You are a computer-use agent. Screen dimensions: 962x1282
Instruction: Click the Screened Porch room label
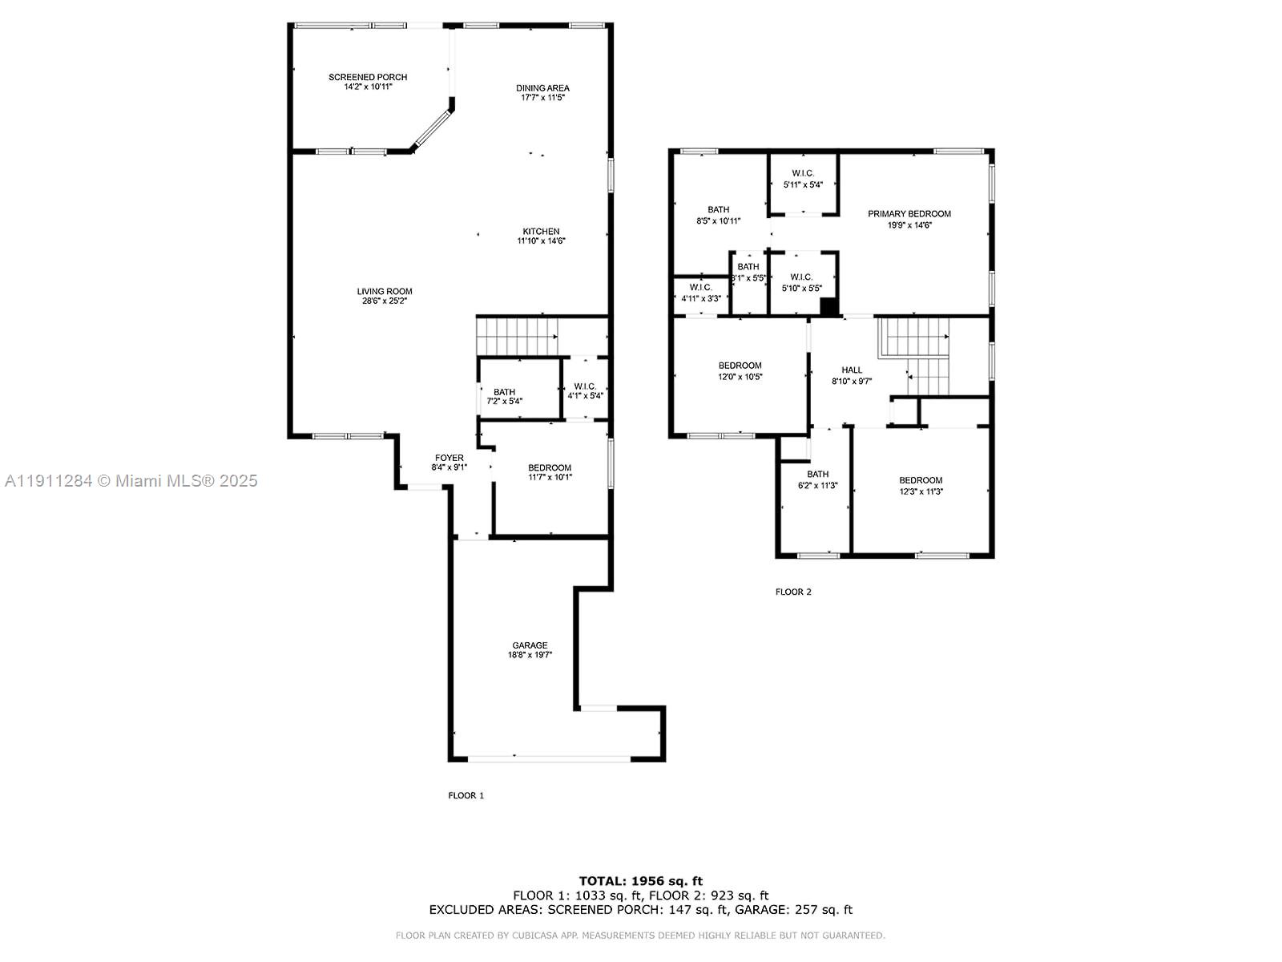(368, 77)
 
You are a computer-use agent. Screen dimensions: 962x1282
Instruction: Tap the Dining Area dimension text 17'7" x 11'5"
(543, 98)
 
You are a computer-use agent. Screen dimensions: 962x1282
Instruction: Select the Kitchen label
(542, 232)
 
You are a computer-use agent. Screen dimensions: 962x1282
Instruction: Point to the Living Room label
(385, 292)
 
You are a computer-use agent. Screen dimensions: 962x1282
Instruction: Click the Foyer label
(450, 458)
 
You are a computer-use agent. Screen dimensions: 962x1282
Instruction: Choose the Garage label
(530, 645)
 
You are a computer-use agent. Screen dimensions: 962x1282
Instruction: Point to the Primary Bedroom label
(909, 214)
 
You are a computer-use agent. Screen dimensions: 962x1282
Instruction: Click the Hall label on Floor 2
(852, 370)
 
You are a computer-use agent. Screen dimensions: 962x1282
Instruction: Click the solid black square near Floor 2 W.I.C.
(828, 307)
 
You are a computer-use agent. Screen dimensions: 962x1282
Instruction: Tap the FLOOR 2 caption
(793, 592)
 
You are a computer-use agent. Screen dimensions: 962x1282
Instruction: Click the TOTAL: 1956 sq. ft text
(640, 881)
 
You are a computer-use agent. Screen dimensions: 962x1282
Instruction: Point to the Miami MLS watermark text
(131, 481)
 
